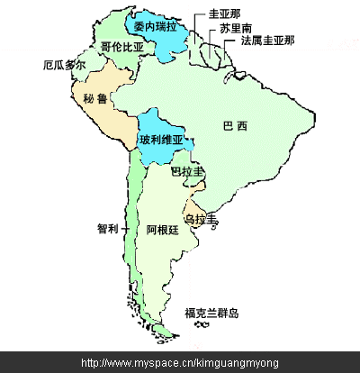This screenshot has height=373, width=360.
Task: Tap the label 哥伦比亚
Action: click(122, 46)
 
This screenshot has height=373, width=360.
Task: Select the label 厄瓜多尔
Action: click(64, 66)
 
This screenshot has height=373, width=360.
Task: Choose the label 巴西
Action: click(235, 125)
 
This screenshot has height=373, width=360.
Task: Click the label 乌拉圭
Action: click(201, 219)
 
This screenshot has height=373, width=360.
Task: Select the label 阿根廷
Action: click(162, 230)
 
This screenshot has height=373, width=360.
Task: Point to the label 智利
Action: click(107, 229)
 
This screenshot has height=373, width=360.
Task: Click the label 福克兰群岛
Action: click(211, 313)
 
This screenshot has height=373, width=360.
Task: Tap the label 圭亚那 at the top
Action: click(224, 14)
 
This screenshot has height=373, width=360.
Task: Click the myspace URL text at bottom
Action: click(180, 362)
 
